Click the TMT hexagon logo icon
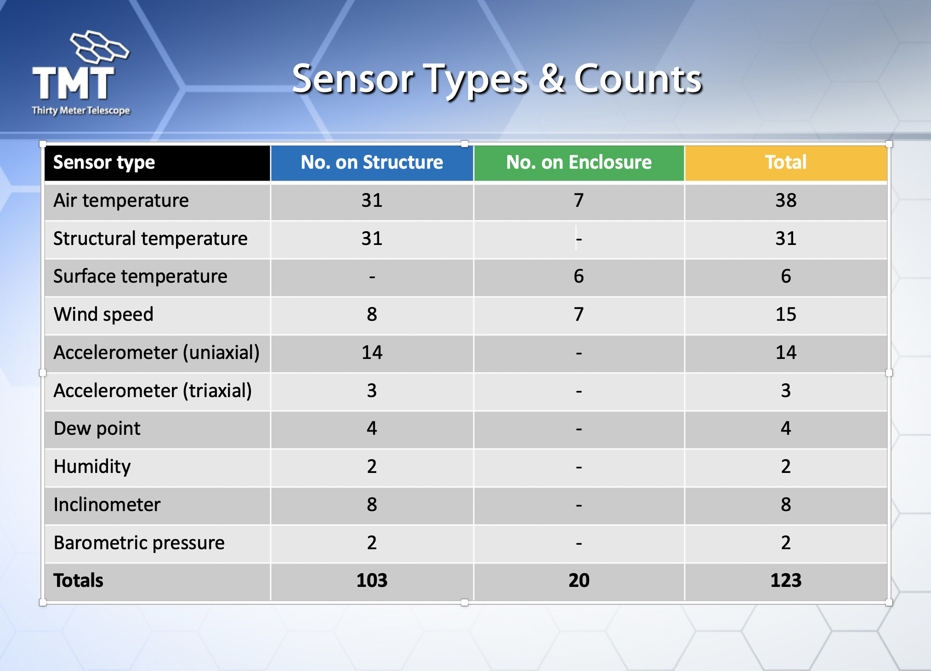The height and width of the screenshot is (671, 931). (x=99, y=47)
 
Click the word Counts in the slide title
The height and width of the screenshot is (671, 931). (x=638, y=79)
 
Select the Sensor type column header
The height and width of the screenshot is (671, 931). (x=104, y=163)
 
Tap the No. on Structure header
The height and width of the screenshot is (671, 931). (x=372, y=162)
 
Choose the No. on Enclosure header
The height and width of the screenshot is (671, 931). (x=579, y=162)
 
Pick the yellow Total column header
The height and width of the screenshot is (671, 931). (x=786, y=162)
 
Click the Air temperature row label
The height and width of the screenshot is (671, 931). (x=121, y=201)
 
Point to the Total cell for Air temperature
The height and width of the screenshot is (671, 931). (x=786, y=200)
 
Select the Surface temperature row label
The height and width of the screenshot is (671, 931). (x=140, y=277)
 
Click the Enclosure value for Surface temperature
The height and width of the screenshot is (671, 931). (x=579, y=276)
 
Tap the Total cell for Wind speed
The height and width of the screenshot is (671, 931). (x=786, y=314)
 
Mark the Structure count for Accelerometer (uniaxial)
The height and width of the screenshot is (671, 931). (x=372, y=353)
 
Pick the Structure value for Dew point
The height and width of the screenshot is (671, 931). (x=372, y=428)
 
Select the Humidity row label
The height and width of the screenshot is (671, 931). (x=92, y=467)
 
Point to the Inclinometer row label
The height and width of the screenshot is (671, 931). (x=107, y=505)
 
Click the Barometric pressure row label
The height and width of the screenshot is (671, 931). (x=139, y=543)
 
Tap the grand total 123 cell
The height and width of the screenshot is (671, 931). (x=786, y=580)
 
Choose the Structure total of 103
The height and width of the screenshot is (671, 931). (x=372, y=580)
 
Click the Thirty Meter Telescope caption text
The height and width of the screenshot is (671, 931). (x=81, y=111)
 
